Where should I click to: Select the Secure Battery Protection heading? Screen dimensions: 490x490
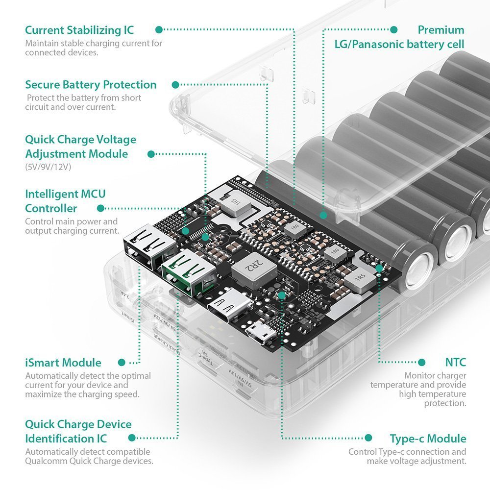tap(91, 85)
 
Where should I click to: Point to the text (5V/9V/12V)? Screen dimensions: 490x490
tap(49, 167)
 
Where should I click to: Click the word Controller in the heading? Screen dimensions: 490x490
tap(51, 208)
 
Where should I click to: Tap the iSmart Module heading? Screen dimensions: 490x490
tap(63, 363)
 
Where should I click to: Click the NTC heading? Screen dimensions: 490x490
tap(455, 363)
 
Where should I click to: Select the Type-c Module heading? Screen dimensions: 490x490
tap(428, 439)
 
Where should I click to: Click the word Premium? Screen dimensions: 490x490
tap(441, 30)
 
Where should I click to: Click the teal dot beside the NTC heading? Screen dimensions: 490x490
tap(421, 363)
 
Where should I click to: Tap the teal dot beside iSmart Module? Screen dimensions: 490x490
tap(121, 363)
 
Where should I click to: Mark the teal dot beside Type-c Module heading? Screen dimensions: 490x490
tap(368, 438)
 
